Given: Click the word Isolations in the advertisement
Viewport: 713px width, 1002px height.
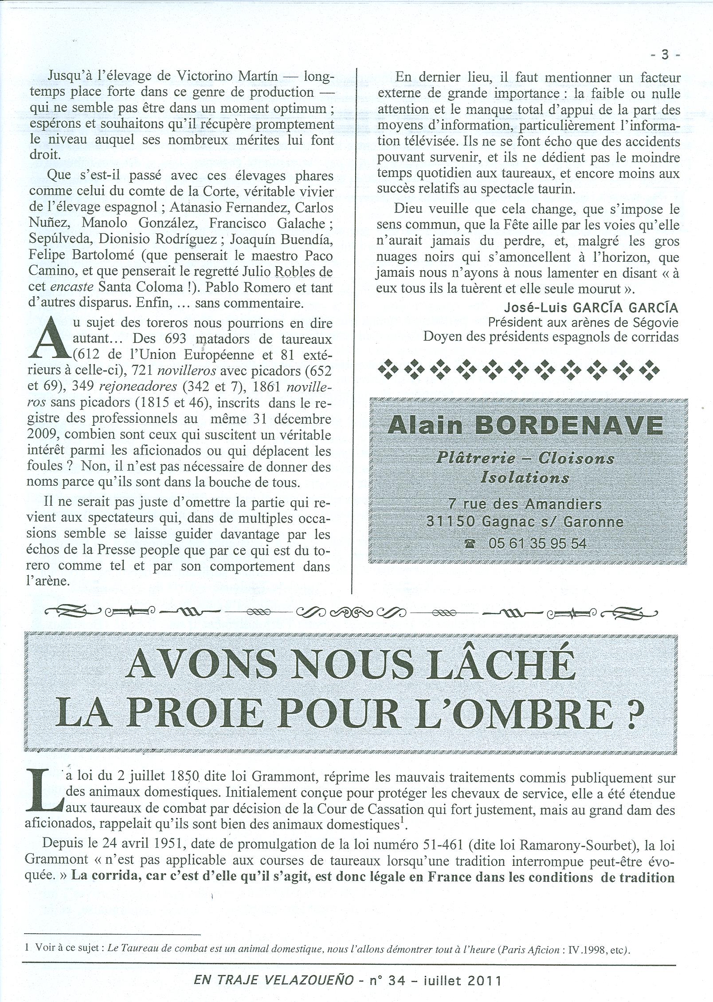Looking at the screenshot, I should point(525,478).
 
